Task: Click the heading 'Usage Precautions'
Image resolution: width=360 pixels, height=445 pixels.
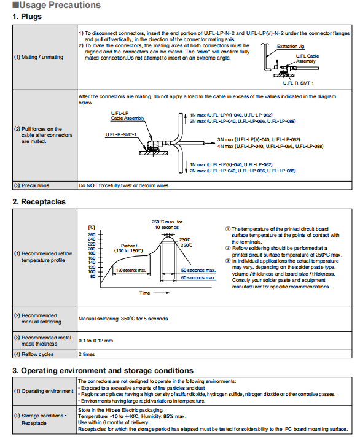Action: click(60, 5)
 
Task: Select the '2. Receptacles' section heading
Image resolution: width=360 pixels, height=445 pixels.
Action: click(39, 202)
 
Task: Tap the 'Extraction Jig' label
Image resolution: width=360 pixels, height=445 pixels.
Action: click(291, 46)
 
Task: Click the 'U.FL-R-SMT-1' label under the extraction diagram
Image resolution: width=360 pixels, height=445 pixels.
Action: click(299, 83)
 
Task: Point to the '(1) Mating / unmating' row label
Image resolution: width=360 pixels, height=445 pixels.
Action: click(39, 57)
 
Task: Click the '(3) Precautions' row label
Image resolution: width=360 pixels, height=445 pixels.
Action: click(32, 185)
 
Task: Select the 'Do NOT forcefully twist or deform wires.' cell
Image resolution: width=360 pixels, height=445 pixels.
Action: click(125, 185)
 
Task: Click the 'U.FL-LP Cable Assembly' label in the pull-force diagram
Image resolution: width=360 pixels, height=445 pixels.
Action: click(128, 115)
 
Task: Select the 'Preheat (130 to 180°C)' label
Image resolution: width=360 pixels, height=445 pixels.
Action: click(129, 248)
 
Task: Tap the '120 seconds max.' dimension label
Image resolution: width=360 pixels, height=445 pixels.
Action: click(131, 270)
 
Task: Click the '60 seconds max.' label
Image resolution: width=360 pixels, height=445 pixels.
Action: click(198, 277)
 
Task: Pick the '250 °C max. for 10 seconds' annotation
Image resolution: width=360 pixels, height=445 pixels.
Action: click(166, 225)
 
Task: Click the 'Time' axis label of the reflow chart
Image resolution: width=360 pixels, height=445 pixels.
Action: click(144, 293)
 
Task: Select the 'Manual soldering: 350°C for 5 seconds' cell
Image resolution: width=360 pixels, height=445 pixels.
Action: click(123, 319)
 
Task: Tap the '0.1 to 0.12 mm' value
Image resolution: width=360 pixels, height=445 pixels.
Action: click(96, 341)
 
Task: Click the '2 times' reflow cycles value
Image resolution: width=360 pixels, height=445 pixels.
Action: click(87, 354)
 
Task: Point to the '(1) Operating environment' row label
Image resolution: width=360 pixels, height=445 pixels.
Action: click(44, 391)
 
